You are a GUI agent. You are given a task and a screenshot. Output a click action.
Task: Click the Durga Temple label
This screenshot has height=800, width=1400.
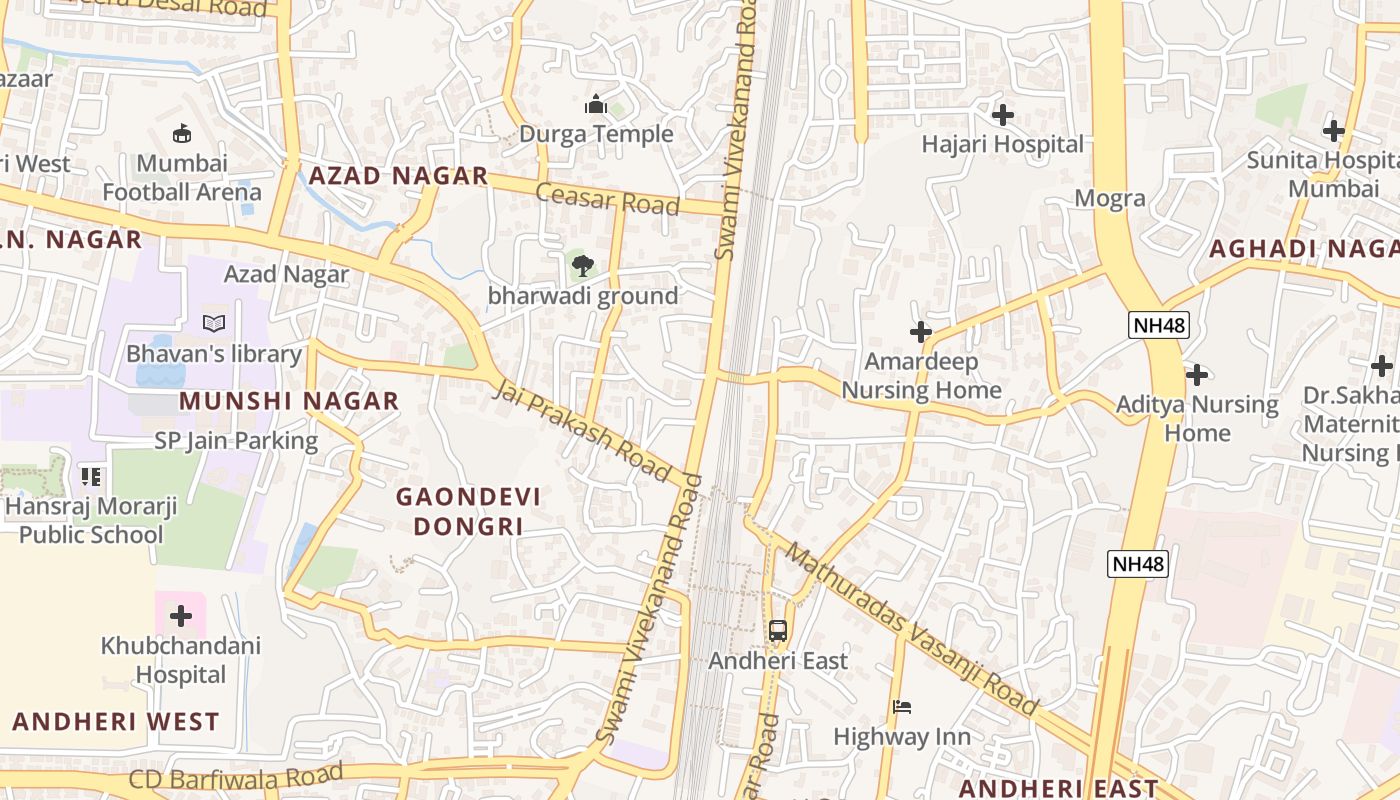point(596,134)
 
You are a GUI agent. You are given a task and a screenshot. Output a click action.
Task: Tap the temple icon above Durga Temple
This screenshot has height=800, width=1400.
point(596,104)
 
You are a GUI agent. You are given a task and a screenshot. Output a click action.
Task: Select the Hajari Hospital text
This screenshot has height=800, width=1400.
point(1002,144)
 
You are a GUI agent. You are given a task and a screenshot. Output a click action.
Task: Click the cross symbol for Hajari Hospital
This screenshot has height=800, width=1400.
point(1003,115)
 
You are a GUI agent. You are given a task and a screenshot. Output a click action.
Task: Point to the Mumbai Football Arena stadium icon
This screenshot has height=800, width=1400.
point(182,133)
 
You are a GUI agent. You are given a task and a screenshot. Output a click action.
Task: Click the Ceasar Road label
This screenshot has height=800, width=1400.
point(607,198)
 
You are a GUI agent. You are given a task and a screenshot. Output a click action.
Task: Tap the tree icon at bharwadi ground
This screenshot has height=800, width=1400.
point(582,266)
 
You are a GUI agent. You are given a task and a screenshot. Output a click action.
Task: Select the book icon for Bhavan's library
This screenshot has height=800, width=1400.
point(214,323)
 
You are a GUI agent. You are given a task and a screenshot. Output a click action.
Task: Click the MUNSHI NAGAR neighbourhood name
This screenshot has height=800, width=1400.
point(289,401)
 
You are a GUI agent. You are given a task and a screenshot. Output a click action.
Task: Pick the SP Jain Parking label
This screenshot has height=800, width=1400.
point(236,440)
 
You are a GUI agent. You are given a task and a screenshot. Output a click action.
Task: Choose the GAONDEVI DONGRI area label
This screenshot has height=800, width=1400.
point(468,511)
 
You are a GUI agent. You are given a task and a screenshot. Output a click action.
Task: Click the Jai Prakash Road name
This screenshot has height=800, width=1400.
point(581,430)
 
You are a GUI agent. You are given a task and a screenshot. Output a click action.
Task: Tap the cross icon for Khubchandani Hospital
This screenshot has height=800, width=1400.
point(181,615)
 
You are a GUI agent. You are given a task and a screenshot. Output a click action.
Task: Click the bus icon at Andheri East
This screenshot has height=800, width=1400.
point(778,631)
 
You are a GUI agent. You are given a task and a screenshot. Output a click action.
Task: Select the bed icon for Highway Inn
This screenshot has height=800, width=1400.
point(902,707)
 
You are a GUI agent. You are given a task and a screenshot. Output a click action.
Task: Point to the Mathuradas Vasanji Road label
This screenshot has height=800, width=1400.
point(911,628)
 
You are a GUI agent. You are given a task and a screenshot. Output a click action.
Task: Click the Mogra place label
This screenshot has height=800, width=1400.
point(1110,198)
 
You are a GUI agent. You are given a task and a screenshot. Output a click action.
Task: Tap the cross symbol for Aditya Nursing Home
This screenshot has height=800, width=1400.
point(1197,375)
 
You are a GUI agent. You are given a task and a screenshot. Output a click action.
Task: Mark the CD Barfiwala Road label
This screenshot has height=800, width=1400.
point(236,776)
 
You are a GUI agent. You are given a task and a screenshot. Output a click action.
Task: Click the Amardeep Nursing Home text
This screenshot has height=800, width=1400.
point(921,375)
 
